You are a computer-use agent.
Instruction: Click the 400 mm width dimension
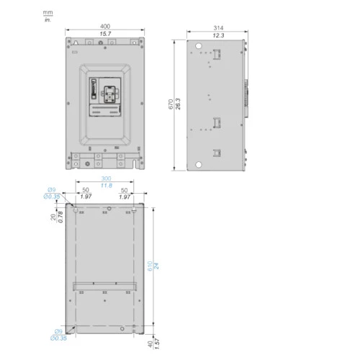point(105,26)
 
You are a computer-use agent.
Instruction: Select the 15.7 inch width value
point(105,34)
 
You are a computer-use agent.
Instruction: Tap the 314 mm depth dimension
point(218,28)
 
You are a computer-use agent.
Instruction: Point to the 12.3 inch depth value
point(218,35)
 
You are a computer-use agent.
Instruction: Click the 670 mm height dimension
point(171,104)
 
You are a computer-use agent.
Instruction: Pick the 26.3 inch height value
point(178,104)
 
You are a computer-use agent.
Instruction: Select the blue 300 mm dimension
point(106,179)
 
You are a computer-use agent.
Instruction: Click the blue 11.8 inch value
point(107,186)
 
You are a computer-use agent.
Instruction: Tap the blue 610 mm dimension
point(150,266)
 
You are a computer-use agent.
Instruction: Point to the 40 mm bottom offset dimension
point(150,344)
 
